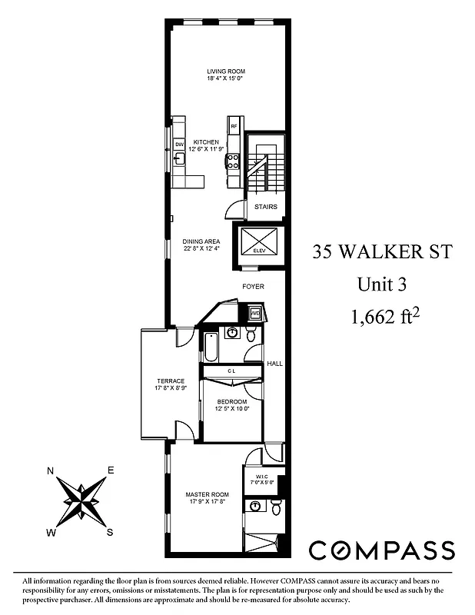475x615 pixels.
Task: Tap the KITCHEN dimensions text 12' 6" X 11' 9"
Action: point(206,149)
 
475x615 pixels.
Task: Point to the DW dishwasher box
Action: point(179,144)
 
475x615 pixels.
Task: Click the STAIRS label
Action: point(265,206)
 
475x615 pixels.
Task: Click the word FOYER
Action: point(253,287)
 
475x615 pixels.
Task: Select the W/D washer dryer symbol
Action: point(255,313)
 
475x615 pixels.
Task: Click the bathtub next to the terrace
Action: point(210,347)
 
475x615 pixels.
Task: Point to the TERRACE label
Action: point(171,381)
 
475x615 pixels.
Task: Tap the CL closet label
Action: point(231,371)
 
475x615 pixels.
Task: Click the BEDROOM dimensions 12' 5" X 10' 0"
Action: point(231,408)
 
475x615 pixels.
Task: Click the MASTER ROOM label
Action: point(208,494)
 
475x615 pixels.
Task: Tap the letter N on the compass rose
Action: point(51,470)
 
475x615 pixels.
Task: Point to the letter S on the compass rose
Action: point(110,531)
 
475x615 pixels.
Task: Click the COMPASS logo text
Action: point(381,550)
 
